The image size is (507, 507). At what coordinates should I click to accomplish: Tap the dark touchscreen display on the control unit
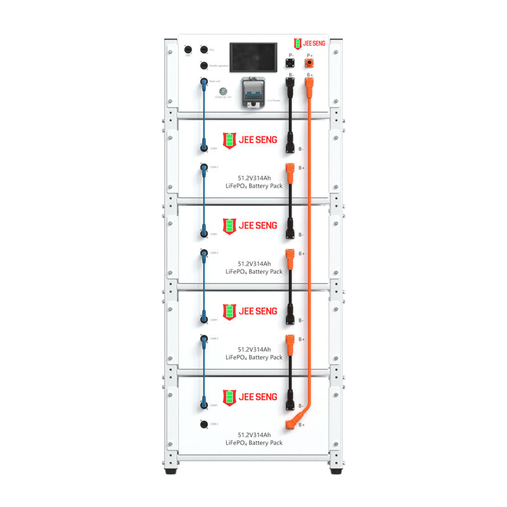pos(253,55)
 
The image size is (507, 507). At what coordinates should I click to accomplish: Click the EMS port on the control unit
pos(188,49)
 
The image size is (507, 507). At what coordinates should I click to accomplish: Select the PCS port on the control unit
pos(203,49)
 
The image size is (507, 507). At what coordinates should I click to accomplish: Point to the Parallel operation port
pos(203,65)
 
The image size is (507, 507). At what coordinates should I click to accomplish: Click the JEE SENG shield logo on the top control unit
pos(298,43)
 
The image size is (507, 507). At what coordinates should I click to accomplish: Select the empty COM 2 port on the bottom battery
pos(203,423)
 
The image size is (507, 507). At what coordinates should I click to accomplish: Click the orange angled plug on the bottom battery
pos(293,423)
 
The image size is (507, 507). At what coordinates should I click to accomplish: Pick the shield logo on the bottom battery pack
pos(229,397)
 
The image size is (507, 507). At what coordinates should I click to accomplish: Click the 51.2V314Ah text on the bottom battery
pos(254,435)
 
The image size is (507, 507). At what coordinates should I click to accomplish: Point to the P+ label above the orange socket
pos(309,56)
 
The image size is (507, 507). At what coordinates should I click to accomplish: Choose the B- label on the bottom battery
pos(300,406)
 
